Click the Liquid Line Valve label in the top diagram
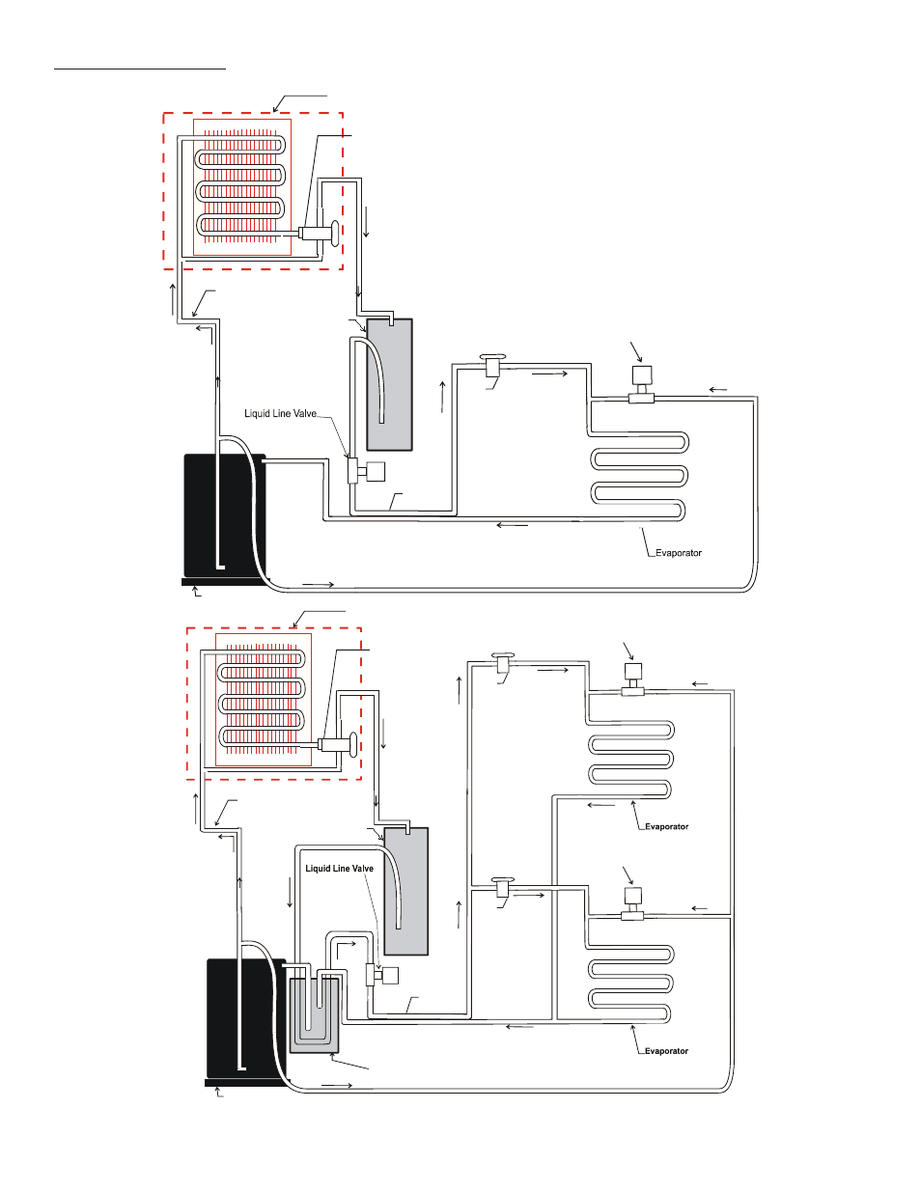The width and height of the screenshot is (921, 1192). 280,414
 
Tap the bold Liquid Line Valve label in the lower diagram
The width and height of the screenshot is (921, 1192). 339,869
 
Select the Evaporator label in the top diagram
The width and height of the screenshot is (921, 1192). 679,553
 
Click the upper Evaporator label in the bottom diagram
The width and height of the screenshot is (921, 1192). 666,826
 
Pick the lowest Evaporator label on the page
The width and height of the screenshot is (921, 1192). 666,1051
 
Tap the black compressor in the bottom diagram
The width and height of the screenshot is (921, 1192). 246,1020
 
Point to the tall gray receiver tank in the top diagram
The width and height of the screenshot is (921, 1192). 389,384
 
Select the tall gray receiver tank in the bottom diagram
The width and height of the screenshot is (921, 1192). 405,892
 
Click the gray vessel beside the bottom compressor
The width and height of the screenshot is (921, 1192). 313,1015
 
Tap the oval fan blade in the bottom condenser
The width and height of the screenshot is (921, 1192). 353,745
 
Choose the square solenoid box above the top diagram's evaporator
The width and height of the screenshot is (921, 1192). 642,375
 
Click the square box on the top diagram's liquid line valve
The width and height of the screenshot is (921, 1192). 376,472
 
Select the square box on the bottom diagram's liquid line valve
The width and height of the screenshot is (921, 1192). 390,976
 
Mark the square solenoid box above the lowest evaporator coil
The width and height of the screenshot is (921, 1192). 633,896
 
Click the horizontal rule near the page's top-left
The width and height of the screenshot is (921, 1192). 140,69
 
